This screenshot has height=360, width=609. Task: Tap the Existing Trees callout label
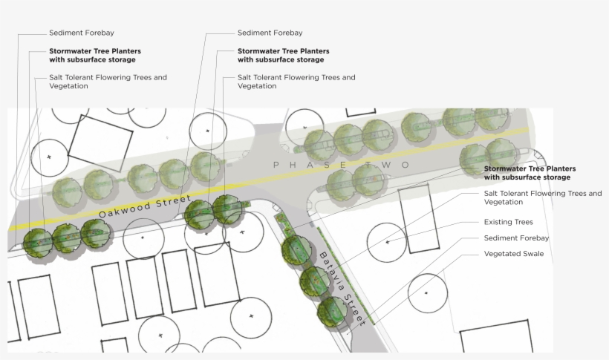click(509, 222)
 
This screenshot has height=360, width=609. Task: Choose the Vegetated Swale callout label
click(514, 254)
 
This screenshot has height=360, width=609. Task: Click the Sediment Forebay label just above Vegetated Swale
click(516, 238)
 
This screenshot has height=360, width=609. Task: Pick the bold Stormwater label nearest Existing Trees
click(530, 173)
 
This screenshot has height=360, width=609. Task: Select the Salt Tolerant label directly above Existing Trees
click(542, 197)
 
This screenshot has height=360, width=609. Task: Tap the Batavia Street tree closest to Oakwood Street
click(296, 250)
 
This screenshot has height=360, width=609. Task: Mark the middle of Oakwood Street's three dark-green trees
click(67, 238)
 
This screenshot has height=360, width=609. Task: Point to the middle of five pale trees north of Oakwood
click(143, 178)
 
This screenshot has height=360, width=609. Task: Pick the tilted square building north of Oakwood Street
click(100, 143)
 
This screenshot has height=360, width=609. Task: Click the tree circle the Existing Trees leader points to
click(387, 242)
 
